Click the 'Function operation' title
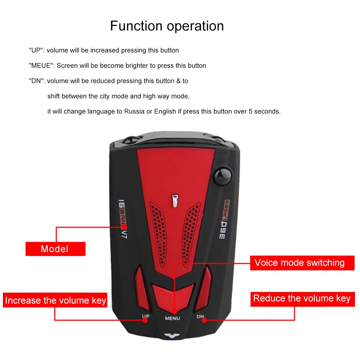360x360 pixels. coord(167,26)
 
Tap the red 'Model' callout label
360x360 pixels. coord(55,249)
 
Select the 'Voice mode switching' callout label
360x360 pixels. coord(299,262)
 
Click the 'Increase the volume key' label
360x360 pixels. coord(55,300)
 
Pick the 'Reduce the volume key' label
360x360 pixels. coord(302,298)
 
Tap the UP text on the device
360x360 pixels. coord(145,317)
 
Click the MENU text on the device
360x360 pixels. coord(172,318)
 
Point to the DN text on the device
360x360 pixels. coord(200,317)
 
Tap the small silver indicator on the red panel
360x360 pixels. coord(175,201)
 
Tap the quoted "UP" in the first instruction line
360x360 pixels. coord(36,50)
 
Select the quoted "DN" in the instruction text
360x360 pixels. coord(36,81)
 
